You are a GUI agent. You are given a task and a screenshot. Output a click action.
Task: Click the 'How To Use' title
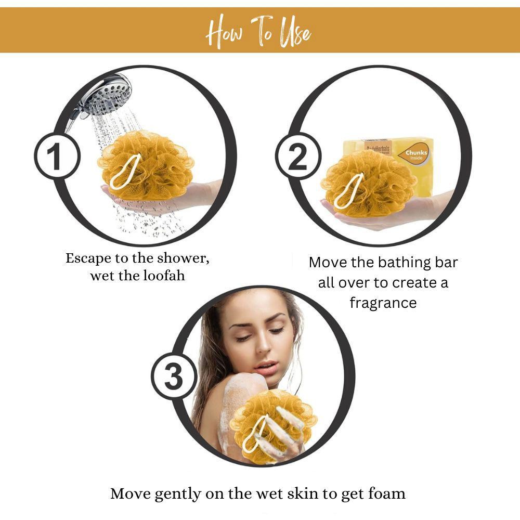[x=258, y=32]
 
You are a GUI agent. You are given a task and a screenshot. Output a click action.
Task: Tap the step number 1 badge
[x=57, y=156]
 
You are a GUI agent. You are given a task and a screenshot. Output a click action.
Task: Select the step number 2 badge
[x=298, y=156]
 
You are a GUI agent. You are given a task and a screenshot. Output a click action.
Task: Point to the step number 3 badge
[x=174, y=376]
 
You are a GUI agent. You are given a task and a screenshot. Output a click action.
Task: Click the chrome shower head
[x=103, y=96]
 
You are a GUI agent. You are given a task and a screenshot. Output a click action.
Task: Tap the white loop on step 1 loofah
[x=125, y=172]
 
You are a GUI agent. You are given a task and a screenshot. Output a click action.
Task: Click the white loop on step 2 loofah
[x=349, y=191]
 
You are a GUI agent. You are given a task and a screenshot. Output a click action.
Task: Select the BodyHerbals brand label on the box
[x=378, y=148]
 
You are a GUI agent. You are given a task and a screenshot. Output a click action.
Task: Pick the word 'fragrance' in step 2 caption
[x=383, y=303]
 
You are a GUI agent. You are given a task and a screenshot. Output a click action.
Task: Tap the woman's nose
[x=264, y=345]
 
